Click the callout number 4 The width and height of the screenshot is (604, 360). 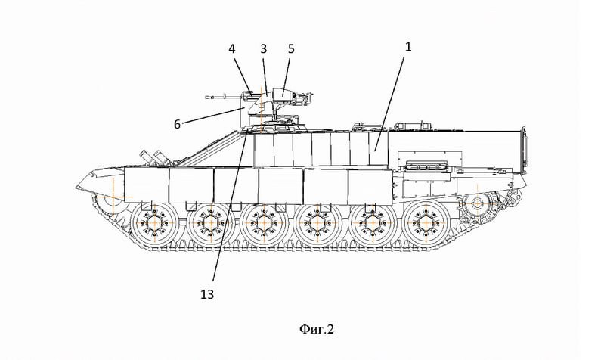[232, 48]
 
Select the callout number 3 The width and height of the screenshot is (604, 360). [264, 48]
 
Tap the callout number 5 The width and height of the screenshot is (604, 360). [291, 48]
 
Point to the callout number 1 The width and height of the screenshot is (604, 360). [408, 46]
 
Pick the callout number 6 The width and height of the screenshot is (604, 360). [177, 124]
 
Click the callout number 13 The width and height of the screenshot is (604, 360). [206, 294]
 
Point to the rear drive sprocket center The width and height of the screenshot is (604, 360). [477, 203]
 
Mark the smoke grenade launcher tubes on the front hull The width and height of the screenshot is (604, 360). [160, 157]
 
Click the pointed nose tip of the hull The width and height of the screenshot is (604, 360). [76, 186]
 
